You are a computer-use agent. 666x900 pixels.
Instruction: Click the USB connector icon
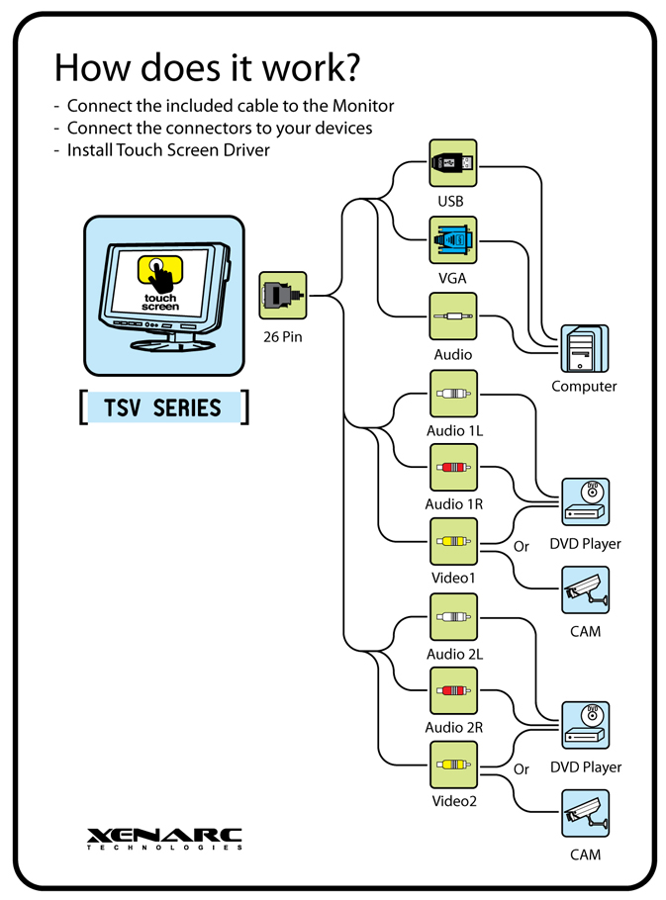pos(453,163)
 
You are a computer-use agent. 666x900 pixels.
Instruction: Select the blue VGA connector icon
pos(453,240)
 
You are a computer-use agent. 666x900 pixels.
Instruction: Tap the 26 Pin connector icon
pos(283,296)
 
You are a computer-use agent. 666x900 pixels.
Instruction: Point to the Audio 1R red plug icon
pos(453,469)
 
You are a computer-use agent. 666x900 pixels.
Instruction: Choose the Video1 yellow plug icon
pos(453,542)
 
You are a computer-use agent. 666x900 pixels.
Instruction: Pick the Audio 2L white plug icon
pos(453,617)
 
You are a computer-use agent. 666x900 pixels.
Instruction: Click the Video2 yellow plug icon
pos(453,765)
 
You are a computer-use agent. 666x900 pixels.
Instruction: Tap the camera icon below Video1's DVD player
pos(585,590)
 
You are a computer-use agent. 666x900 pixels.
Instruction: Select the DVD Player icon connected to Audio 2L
pos(585,725)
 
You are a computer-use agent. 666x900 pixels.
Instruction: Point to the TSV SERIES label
pos(164,407)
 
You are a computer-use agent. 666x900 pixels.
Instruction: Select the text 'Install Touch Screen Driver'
pos(168,150)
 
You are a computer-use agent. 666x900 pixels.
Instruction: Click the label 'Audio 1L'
pos(454,431)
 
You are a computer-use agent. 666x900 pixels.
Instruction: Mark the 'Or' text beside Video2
pos(522,768)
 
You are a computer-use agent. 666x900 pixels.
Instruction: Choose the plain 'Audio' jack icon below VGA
pos(453,316)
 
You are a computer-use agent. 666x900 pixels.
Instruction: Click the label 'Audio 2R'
pos(454,728)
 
